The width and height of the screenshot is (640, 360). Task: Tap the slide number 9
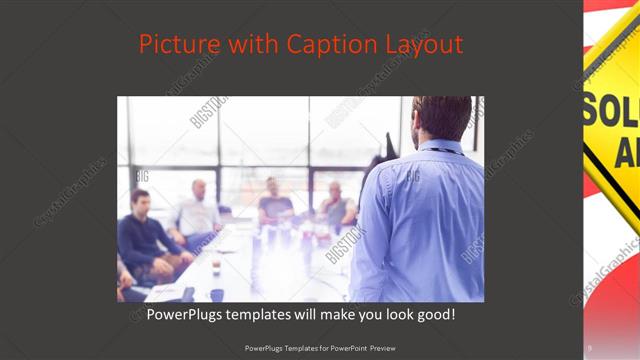point(590,348)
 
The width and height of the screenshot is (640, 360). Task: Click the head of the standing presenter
point(441,118)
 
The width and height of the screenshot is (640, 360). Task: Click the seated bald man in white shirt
point(199,212)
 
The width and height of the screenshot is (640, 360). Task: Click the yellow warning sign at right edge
point(613,110)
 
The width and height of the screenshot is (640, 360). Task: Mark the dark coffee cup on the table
point(215,294)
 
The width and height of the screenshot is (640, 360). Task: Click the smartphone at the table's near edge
point(187,294)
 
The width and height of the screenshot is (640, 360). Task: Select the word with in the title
point(255,44)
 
